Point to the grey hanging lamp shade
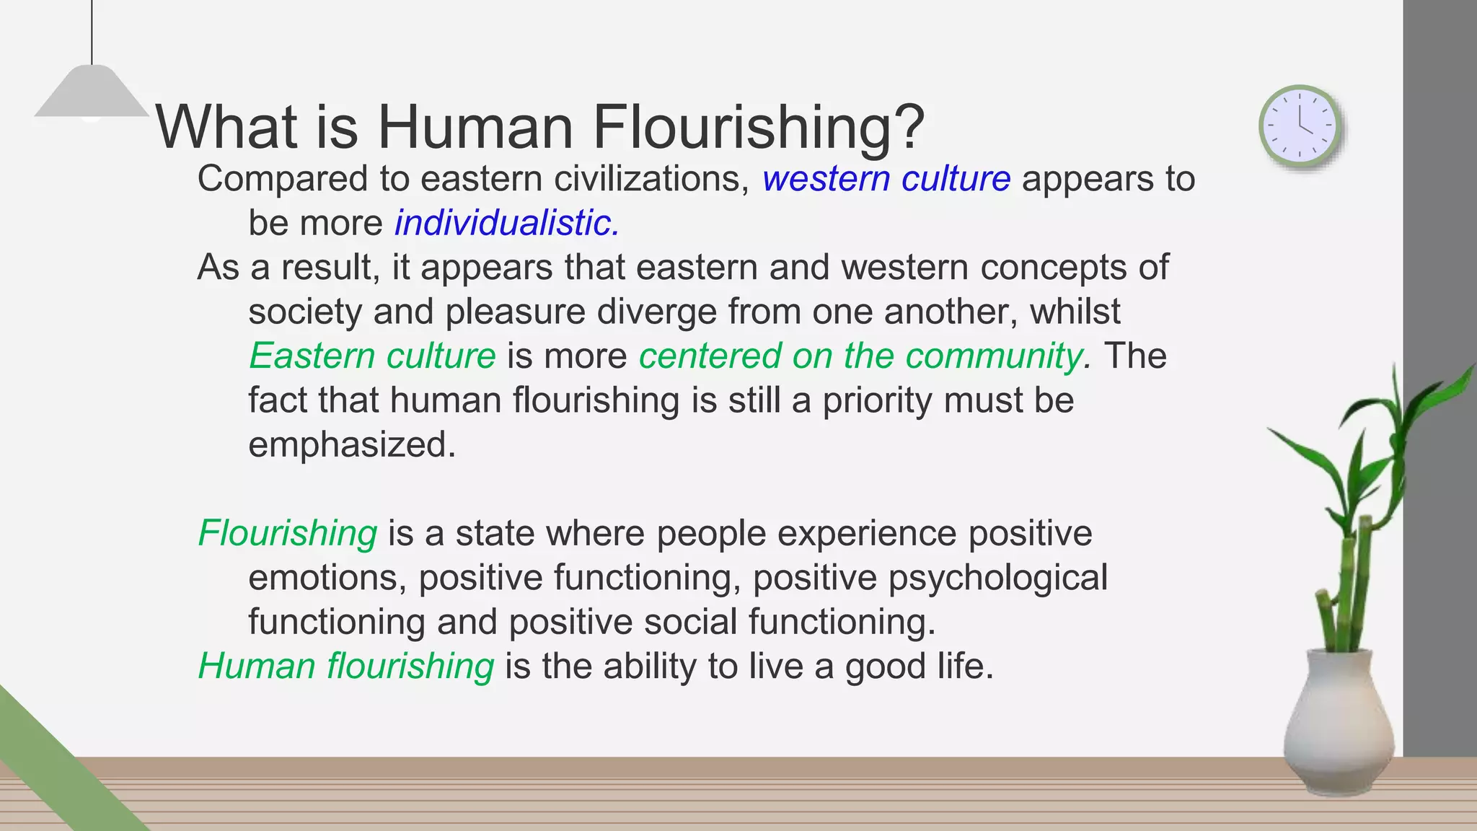(91, 92)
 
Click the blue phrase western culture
(886, 179)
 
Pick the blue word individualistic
(506, 223)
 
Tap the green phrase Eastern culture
(372, 356)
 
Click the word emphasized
(352, 444)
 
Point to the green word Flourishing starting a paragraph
(287, 534)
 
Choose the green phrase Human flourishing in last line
(346, 666)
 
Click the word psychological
(997, 578)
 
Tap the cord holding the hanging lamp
(92, 32)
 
